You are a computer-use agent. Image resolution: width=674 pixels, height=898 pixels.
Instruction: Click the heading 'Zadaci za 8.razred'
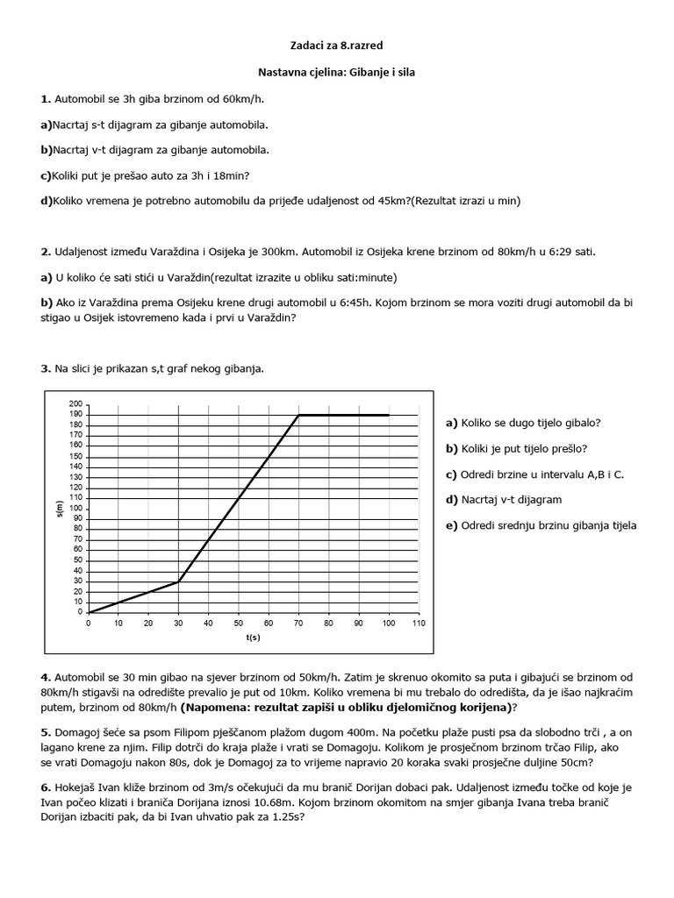point(336,43)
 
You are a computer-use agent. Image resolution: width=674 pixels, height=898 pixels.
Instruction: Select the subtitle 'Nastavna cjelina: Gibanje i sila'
point(336,73)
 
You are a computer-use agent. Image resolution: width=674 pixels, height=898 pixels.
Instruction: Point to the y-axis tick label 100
point(75,509)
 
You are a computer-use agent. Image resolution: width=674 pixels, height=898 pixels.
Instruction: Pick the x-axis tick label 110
point(418,624)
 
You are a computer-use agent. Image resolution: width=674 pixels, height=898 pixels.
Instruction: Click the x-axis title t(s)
point(254,638)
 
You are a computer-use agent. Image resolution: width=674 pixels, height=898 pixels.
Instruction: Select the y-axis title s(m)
point(58,509)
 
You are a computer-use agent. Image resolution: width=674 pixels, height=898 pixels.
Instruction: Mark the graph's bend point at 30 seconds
point(178,581)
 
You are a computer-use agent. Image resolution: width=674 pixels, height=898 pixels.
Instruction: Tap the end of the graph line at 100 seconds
point(388,415)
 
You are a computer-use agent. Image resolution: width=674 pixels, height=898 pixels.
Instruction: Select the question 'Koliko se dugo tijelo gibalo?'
point(523,423)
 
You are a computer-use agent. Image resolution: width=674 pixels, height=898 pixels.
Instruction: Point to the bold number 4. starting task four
point(46,678)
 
